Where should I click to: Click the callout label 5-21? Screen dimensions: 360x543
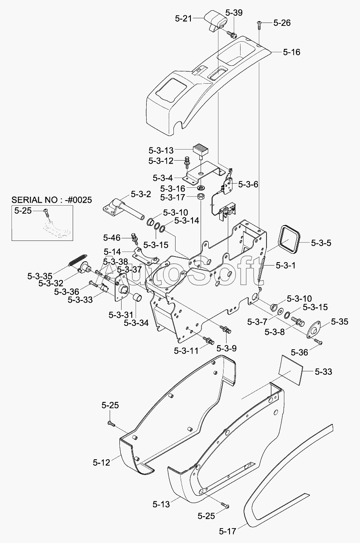[x=184, y=19]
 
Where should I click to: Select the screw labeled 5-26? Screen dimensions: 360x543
[x=259, y=25]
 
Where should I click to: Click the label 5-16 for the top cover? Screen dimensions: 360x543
[x=292, y=52]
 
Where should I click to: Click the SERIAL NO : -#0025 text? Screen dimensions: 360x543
[x=51, y=200]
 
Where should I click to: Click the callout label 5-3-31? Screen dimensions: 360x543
[x=121, y=315]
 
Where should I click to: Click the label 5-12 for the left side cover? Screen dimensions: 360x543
[x=101, y=463]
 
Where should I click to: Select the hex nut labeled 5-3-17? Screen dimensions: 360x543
[x=201, y=196]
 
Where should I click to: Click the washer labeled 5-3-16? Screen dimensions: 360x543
[x=201, y=188]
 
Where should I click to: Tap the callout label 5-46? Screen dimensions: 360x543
[x=112, y=238]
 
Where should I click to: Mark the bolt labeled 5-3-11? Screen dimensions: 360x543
[x=209, y=340]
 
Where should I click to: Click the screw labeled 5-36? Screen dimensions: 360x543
[x=318, y=342]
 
